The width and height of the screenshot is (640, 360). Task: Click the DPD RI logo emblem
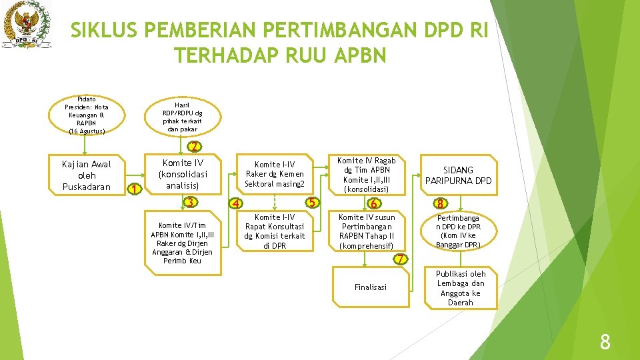tap(27, 25)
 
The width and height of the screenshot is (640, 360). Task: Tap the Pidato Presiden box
tap(87, 115)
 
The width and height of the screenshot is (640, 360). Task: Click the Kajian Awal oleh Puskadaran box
tap(86, 175)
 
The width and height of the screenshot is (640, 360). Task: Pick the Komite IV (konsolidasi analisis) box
tap(183, 173)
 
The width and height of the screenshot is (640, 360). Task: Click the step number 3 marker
tap(191, 203)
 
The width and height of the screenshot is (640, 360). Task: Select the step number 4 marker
tap(235, 203)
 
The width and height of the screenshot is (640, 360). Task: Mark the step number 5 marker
tap(311, 202)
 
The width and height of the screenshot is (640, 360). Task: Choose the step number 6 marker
tap(375, 203)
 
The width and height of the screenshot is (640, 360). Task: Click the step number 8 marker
tap(440, 203)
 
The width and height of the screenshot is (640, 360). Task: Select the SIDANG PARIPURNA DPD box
tap(458, 175)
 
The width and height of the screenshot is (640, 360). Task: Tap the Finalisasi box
tap(371, 287)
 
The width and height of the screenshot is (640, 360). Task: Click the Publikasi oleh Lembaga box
tap(460, 288)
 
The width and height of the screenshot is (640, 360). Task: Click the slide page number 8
tap(605, 343)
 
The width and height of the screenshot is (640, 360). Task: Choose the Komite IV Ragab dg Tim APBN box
tap(366, 175)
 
